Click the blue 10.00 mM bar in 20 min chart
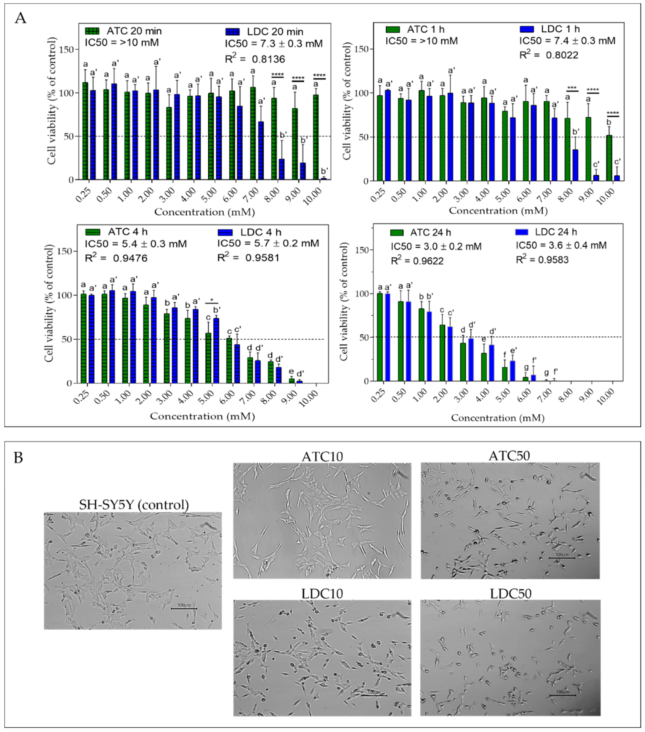pos(324,178)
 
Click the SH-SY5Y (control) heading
pos(134,505)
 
